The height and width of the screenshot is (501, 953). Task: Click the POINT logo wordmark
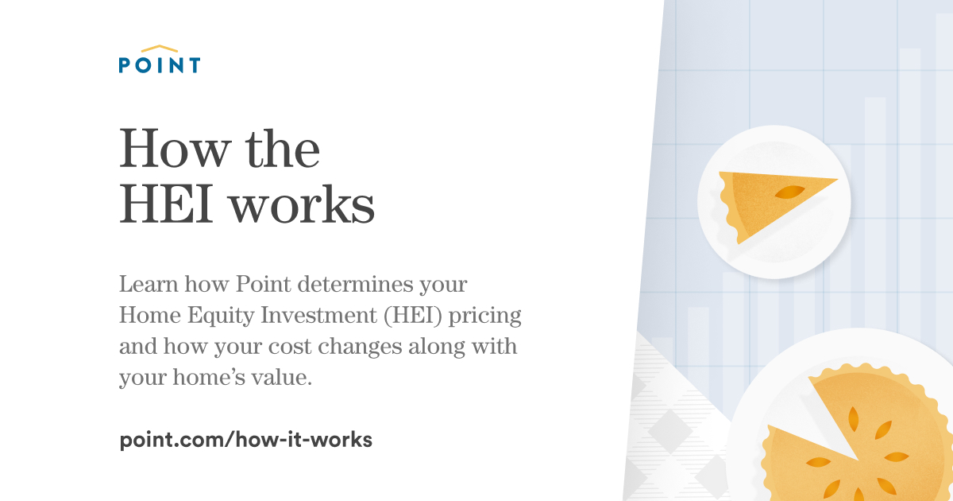click(160, 65)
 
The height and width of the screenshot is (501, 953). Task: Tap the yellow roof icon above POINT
click(160, 49)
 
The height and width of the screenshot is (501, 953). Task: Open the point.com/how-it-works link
click(245, 439)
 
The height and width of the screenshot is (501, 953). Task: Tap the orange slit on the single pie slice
click(789, 192)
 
